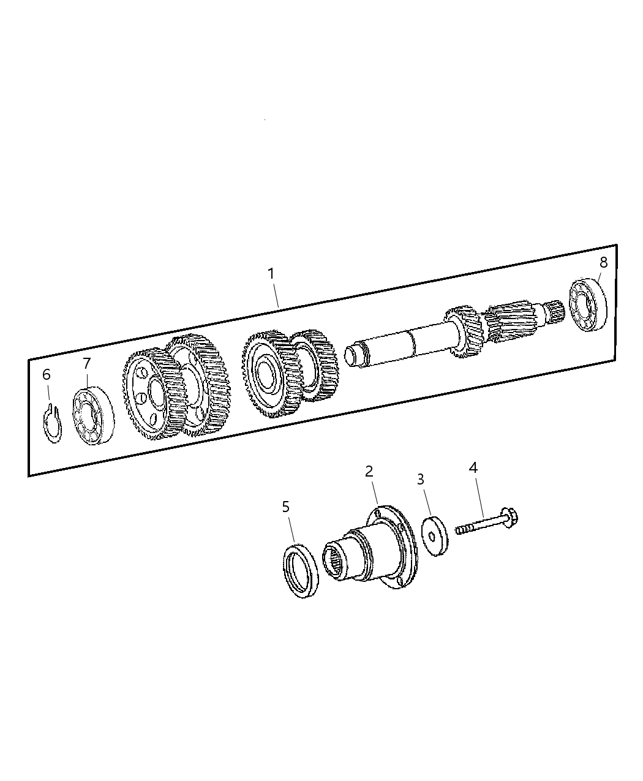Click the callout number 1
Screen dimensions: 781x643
point(271,274)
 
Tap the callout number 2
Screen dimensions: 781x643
point(369,471)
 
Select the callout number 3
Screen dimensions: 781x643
point(420,479)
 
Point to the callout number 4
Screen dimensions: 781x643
point(473,468)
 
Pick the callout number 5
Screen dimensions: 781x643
point(285,507)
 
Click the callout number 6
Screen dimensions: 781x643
point(47,374)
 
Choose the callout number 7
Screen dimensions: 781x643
point(86,364)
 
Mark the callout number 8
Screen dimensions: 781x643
point(603,262)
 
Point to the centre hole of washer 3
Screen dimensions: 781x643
point(432,538)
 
